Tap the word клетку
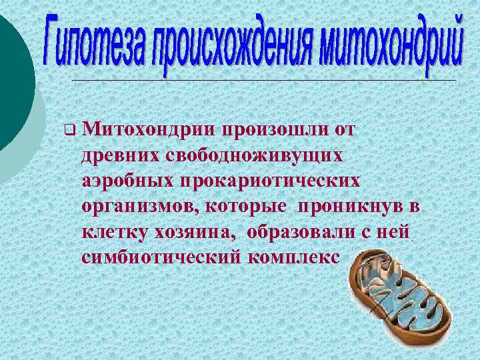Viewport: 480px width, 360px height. coord(112,233)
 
